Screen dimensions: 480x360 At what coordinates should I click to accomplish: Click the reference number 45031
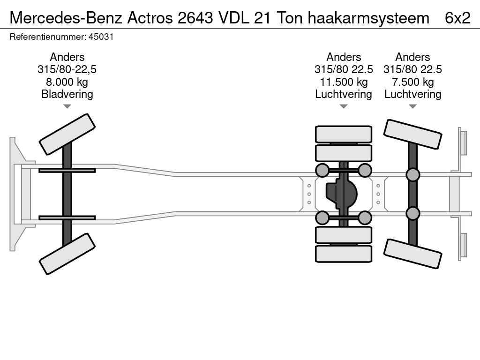point(101,37)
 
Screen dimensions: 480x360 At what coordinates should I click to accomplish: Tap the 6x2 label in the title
point(457,18)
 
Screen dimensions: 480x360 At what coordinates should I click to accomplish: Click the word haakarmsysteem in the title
point(368,18)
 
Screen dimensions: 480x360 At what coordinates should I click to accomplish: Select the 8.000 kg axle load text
point(67,82)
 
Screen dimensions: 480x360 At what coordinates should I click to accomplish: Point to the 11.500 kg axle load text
point(344,82)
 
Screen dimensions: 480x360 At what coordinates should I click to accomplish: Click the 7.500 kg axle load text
point(412,82)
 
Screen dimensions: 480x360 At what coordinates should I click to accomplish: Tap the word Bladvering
point(67,94)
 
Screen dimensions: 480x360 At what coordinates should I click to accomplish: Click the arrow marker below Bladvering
point(67,106)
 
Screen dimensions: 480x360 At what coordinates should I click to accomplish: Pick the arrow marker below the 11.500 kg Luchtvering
point(344,106)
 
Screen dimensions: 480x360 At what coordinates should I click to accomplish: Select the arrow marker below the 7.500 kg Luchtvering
point(412,106)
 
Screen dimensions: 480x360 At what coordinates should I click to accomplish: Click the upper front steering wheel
point(67,135)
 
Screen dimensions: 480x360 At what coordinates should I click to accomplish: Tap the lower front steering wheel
point(67,254)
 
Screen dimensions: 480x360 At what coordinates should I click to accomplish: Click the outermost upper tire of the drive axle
point(344,135)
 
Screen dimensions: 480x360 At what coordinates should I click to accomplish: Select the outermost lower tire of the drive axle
point(344,254)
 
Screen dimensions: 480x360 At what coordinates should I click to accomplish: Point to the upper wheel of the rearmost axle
point(412,135)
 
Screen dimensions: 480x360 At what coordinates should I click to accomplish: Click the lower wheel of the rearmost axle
point(412,254)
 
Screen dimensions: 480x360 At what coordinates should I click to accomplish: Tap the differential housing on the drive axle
point(341,194)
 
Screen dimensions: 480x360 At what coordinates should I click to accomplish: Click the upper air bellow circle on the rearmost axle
point(412,175)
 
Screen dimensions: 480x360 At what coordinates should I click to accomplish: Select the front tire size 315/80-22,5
point(67,69)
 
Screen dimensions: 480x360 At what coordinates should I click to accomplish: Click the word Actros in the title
point(150,18)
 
